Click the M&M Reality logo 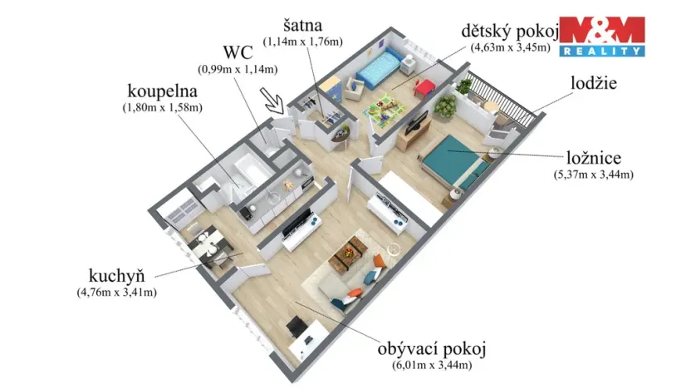coord(602,36)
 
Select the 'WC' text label coord(236,55)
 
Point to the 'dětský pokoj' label coord(510,31)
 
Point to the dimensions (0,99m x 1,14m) coord(237,70)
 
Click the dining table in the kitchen coord(208,249)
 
